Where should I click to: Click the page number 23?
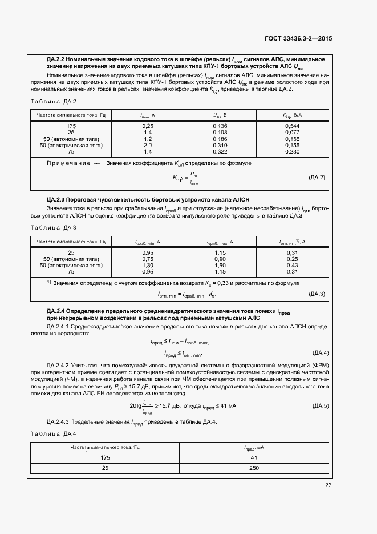tap(328, 485)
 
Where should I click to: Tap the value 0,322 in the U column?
tap(220, 152)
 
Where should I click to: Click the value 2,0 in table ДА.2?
tap(148, 146)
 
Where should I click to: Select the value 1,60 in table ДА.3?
tap(221, 265)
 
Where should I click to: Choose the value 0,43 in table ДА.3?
tap(293, 265)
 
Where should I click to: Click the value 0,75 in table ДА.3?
tap(148, 259)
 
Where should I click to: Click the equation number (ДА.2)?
tap(317, 178)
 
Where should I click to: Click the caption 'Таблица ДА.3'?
tap(54, 228)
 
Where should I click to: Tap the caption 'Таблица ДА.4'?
tap(54, 434)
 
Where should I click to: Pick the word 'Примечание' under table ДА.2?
tap(68, 163)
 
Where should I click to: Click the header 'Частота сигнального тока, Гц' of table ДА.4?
tap(104, 448)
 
